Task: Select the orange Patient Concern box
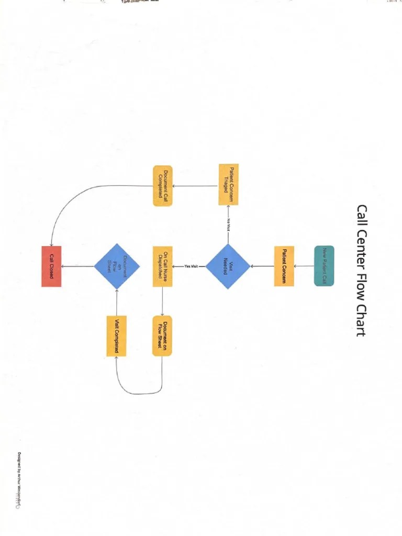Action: click(x=284, y=266)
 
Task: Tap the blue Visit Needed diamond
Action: click(x=228, y=266)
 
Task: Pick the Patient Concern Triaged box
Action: click(x=228, y=185)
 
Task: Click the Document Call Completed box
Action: click(x=163, y=185)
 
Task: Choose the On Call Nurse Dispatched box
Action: click(x=162, y=266)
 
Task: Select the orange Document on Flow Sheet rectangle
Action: click(x=162, y=336)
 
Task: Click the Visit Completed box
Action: click(x=116, y=336)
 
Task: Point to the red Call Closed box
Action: click(x=51, y=266)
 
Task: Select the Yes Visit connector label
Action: click(x=191, y=266)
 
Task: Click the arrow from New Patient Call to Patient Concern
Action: click(x=304, y=266)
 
